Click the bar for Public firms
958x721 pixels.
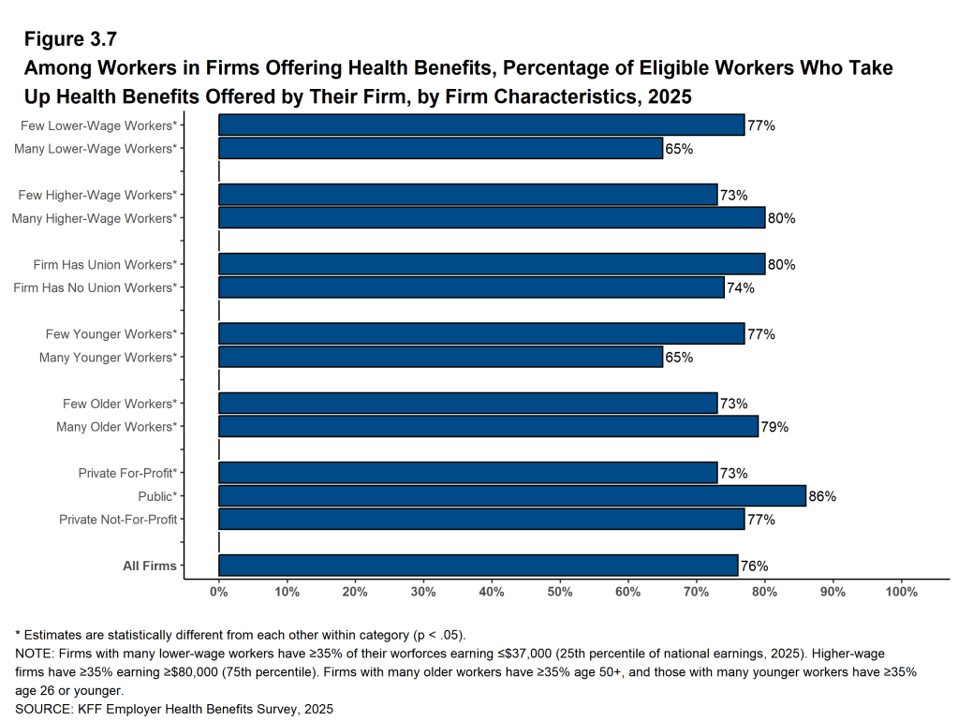click(x=511, y=496)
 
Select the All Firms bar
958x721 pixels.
click(x=478, y=566)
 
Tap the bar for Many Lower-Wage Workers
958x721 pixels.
click(x=440, y=148)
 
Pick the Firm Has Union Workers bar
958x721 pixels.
click(x=492, y=264)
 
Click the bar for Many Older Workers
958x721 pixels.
click(x=488, y=427)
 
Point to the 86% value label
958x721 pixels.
click(x=822, y=496)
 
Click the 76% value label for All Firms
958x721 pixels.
click(x=754, y=566)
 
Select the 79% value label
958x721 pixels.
click(x=774, y=427)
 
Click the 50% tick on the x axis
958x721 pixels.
click(x=560, y=592)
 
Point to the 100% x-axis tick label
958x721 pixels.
click(x=901, y=592)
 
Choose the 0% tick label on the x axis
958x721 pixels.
click(x=218, y=592)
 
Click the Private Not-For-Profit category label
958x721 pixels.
click(x=118, y=519)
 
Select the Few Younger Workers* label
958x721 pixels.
click(x=111, y=334)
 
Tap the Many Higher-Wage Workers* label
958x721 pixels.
click(x=94, y=218)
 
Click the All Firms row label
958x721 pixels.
click(x=150, y=566)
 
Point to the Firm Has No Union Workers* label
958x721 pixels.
click(x=96, y=287)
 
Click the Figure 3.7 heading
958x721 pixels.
click(x=70, y=39)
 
